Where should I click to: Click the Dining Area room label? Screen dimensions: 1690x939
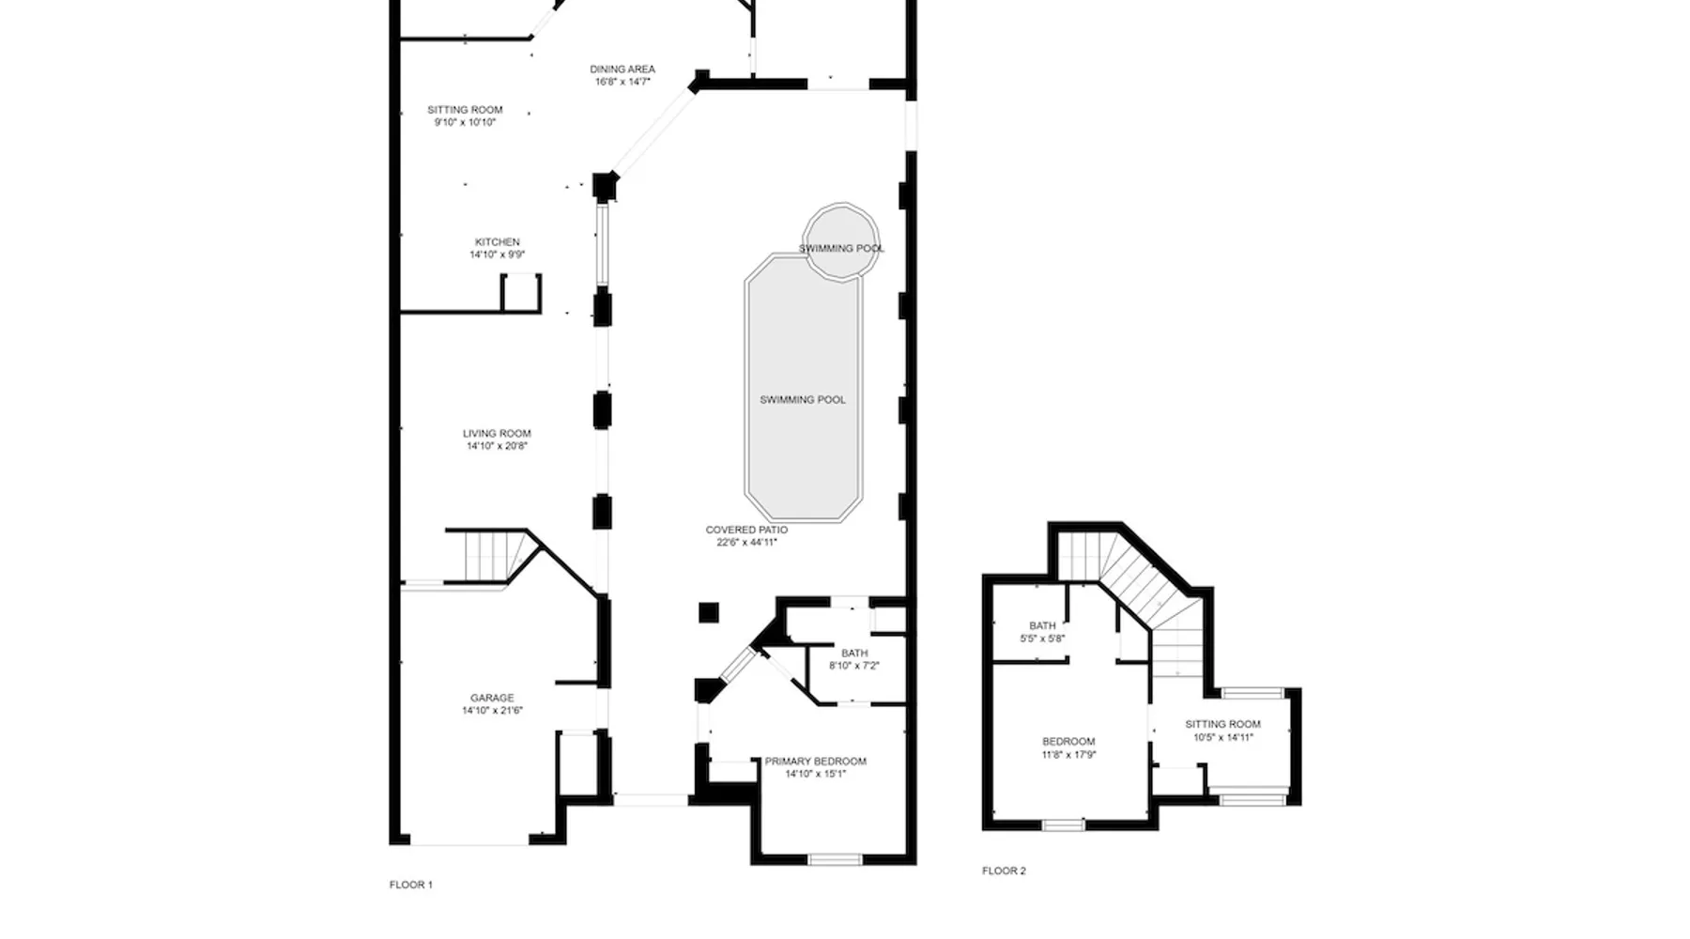(x=622, y=69)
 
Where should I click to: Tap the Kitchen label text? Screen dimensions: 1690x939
(x=497, y=242)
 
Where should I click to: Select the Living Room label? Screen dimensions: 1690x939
(x=497, y=434)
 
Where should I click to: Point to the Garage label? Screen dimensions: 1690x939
(x=492, y=699)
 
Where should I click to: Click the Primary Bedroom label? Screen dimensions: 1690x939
(x=815, y=762)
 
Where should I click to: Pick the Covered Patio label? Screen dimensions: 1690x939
(x=746, y=531)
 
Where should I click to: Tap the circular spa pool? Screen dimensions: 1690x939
(x=841, y=241)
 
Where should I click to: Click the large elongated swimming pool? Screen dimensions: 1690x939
(x=803, y=387)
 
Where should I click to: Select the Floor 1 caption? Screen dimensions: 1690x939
(x=411, y=885)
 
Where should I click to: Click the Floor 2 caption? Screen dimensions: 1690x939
(x=1004, y=871)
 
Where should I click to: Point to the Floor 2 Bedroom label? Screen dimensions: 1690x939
(x=1068, y=742)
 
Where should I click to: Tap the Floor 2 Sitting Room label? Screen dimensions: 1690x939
(x=1222, y=725)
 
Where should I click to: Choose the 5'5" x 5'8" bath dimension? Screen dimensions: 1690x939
(x=1042, y=639)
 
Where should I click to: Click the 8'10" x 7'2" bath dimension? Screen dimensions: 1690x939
(x=853, y=666)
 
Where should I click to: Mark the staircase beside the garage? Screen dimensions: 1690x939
(x=487, y=557)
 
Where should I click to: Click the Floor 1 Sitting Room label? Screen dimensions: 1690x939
(x=465, y=110)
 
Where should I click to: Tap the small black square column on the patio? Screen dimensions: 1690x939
(x=709, y=613)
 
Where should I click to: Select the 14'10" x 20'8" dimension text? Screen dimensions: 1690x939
(x=497, y=446)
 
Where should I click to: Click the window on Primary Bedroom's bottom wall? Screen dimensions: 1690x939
(x=835, y=858)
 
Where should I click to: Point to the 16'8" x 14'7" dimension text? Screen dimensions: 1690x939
(x=622, y=82)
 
